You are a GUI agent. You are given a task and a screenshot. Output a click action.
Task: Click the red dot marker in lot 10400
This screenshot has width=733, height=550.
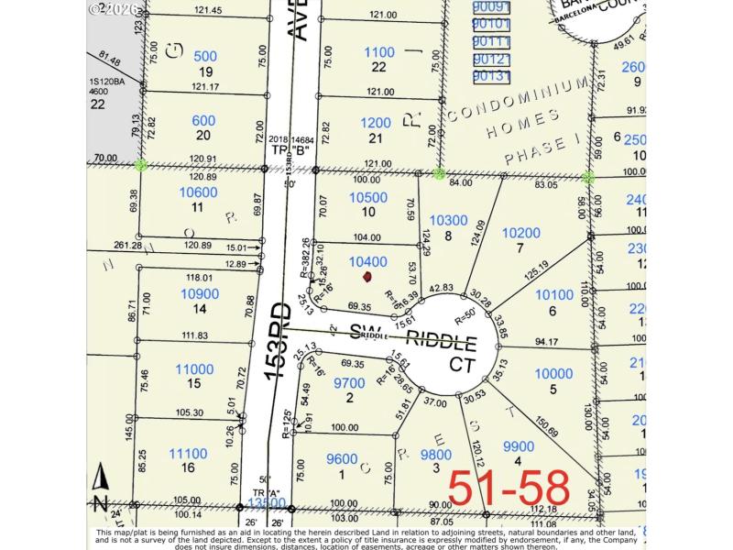[367, 276]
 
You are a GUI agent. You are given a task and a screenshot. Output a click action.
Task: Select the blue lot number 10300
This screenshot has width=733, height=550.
[448, 220]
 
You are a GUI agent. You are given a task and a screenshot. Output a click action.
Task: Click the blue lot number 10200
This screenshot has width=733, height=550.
[548, 233]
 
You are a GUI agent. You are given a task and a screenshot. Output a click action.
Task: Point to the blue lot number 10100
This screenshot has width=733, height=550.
[553, 295]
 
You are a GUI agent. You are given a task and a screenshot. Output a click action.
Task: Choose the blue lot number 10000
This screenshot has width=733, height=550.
[552, 373]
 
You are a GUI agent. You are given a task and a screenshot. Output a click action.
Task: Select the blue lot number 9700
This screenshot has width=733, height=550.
[348, 383]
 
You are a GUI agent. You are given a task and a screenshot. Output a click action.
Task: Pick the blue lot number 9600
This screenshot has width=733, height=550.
[342, 459]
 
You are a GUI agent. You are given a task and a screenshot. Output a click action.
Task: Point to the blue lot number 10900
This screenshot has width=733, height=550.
[200, 293]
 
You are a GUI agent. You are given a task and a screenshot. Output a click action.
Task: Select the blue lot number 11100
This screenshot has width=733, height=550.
[188, 453]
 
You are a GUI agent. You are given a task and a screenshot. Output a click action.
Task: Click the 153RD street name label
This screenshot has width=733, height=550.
[279, 335]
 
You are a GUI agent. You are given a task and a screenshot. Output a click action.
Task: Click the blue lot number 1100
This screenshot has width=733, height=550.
[378, 53]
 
